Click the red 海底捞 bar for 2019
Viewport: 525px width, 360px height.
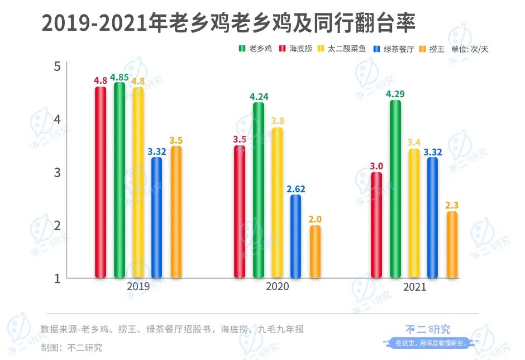[x=101, y=182]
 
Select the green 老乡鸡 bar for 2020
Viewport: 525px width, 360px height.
[x=259, y=190]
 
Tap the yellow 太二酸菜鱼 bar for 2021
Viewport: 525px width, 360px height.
[x=414, y=213]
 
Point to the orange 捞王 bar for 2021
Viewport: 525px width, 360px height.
[x=452, y=245]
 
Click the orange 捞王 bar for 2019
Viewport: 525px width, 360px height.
[x=176, y=212]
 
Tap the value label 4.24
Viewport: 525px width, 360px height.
[x=259, y=97]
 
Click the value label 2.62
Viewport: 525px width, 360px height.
[x=296, y=189]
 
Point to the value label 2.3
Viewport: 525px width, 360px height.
[x=452, y=206]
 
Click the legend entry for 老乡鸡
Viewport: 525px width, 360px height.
[x=256, y=49]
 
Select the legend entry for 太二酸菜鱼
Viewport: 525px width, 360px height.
[x=341, y=49]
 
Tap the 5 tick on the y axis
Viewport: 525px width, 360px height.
[x=57, y=67]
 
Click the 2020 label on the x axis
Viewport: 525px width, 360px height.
[x=278, y=286]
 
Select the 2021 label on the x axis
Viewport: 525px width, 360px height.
[x=414, y=286]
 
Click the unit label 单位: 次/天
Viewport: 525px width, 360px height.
[x=470, y=49]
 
